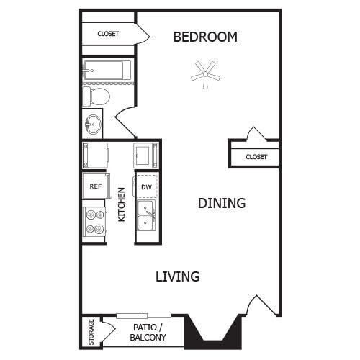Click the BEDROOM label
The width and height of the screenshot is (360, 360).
point(205,37)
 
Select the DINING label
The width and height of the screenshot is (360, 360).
point(222,203)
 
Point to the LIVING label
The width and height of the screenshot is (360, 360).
point(178,276)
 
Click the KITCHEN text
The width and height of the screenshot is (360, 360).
point(122,204)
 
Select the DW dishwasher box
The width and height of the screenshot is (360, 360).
point(145,186)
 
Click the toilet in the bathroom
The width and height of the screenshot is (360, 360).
point(96,96)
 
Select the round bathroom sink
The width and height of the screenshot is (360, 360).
point(93,125)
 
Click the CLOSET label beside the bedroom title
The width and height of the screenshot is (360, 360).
point(108,34)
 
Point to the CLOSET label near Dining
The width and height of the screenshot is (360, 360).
point(256,156)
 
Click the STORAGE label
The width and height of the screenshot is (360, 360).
point(91,331)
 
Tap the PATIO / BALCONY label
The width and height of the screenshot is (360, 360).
point(150,332)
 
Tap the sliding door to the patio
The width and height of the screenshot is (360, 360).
point(143,315)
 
